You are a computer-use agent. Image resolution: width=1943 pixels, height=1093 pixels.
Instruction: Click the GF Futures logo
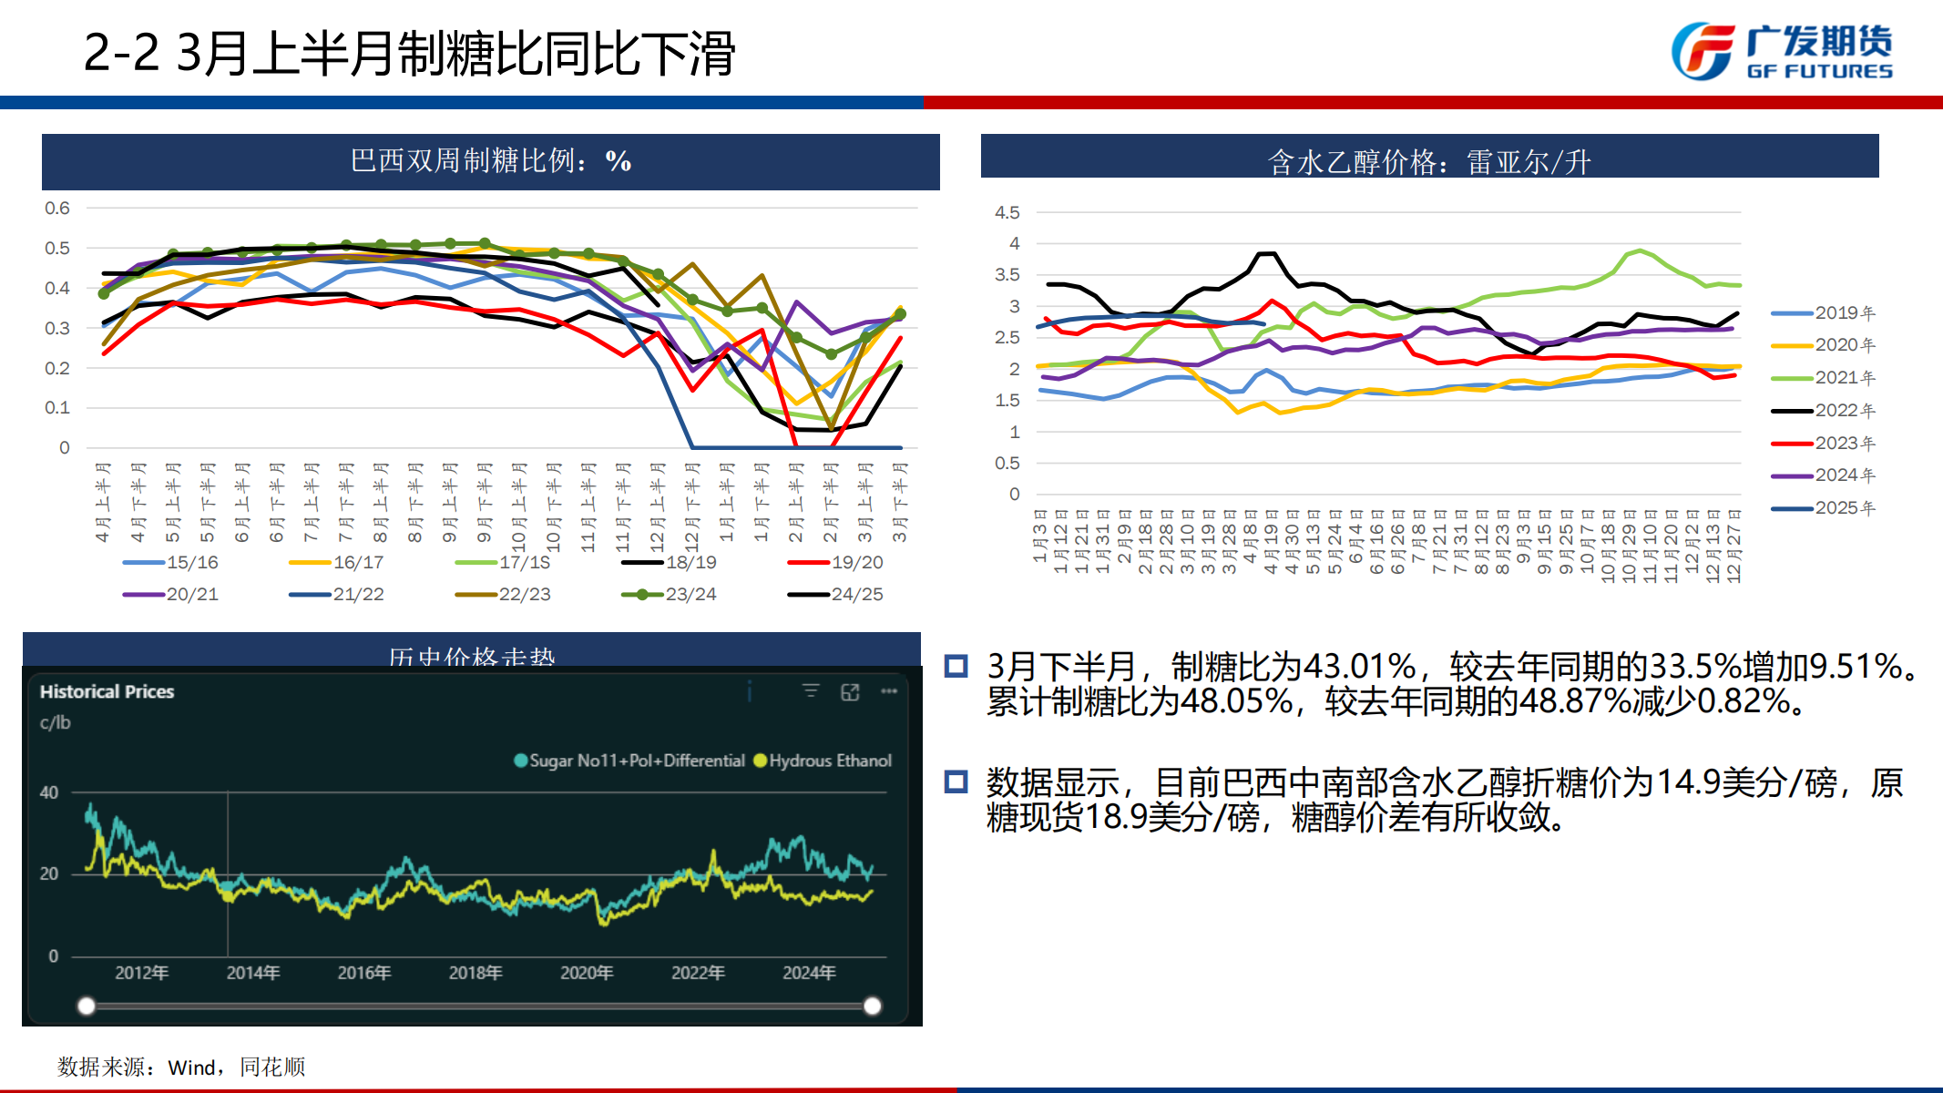pyautogui.click(x=1782, y=51)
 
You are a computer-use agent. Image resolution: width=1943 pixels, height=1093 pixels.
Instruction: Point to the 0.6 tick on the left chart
pyautogui.click(x=57, y=208)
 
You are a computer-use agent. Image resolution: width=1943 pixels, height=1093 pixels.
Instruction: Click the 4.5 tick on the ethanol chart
pyautogui.click(x=1007, y=212)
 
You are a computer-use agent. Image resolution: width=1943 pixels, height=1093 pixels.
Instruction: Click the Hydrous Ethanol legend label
pyautogui.click(x=830, y=761)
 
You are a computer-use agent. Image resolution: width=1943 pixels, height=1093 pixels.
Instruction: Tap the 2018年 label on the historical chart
pyautogui.click(x=476, y=973)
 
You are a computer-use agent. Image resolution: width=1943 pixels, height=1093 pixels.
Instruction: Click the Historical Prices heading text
pyautogui.click(x=107, y=691)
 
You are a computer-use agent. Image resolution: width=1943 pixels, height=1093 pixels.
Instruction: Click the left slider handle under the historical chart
pyautogui.click(x=87, y=1006)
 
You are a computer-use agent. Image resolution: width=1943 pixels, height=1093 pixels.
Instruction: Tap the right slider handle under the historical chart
pyautogui.click(x=872, y=1006)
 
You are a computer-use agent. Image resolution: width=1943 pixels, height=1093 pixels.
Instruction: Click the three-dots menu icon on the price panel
pyautogui.click(x=889, y=691)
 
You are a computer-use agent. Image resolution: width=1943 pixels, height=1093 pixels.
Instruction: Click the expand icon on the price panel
pyautogui.click(x=850, y=692)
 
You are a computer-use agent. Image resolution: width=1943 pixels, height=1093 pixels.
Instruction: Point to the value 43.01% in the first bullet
pyautogui.click(x=1359, y=667)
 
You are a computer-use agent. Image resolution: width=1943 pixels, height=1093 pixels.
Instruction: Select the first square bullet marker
pyautogui.click(x=956, y=666)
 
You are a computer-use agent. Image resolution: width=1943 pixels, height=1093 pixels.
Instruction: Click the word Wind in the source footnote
pyautogui.click(x=191, y=1067)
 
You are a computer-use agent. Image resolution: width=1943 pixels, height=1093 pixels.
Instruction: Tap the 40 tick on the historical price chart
pyautogui.click(x=49, y=792)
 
